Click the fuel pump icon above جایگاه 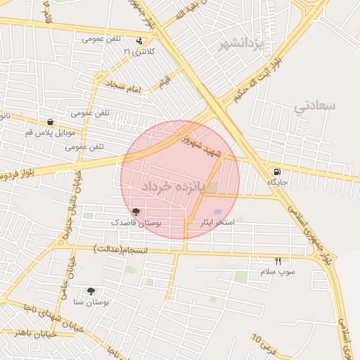coord(277,172)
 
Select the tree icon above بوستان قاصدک coord(136,211)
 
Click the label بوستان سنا coord(91,302)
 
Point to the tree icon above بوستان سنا coord(91,290)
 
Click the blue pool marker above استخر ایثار coord(217,212)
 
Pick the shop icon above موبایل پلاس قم coord(49,122)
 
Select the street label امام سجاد coord(124,86)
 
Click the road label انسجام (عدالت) coord(120,249)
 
